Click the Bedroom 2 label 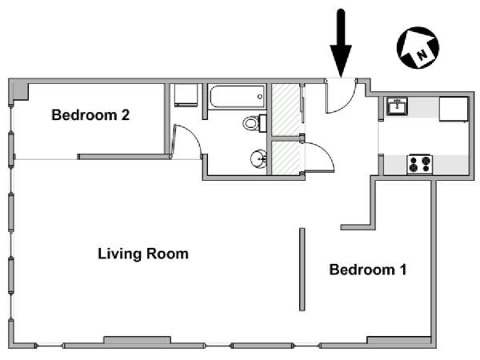click(90, 115)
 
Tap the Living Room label click(143, 254)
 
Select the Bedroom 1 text click(368, 270)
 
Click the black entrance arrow click(341, 43)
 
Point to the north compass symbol click(418, 47)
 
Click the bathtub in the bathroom click(237, 97)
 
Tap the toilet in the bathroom click(254, 123)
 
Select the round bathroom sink click(258, 159)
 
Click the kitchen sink click(397, 106)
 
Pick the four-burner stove click(420, 164)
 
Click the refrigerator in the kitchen click(454, 110)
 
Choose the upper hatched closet click(286, 110)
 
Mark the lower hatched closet click(286, 158)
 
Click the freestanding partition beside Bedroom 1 click(302, 270)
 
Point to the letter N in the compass click(422, 54)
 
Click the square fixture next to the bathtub click(186, 95)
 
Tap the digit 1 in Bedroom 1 click(403, 270)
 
